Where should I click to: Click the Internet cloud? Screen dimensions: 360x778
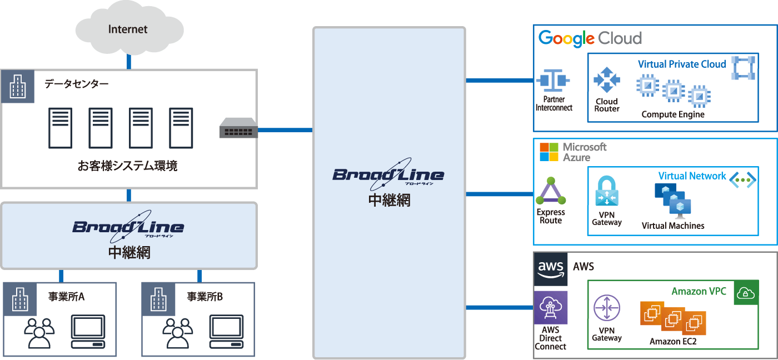tap(128, 28)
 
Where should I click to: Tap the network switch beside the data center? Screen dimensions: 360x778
tap(238, 128)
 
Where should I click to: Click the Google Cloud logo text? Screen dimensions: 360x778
tap(590, 38)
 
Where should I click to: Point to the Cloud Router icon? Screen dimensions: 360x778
tap(606, 81)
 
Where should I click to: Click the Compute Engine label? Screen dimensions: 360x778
tap(672, 114)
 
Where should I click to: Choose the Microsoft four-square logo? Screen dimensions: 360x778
tap(549, 152)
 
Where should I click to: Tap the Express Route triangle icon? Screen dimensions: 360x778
tap(551, 192)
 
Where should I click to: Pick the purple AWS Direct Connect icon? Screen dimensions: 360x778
tap(551, 308)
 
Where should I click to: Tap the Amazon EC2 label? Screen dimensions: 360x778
tap(673, 341)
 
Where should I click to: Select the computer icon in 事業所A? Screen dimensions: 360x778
tap(88, 331)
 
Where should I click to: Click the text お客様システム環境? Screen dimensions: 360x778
tap(128, 166)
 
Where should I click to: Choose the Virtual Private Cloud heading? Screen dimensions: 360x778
tap(682, 64)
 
